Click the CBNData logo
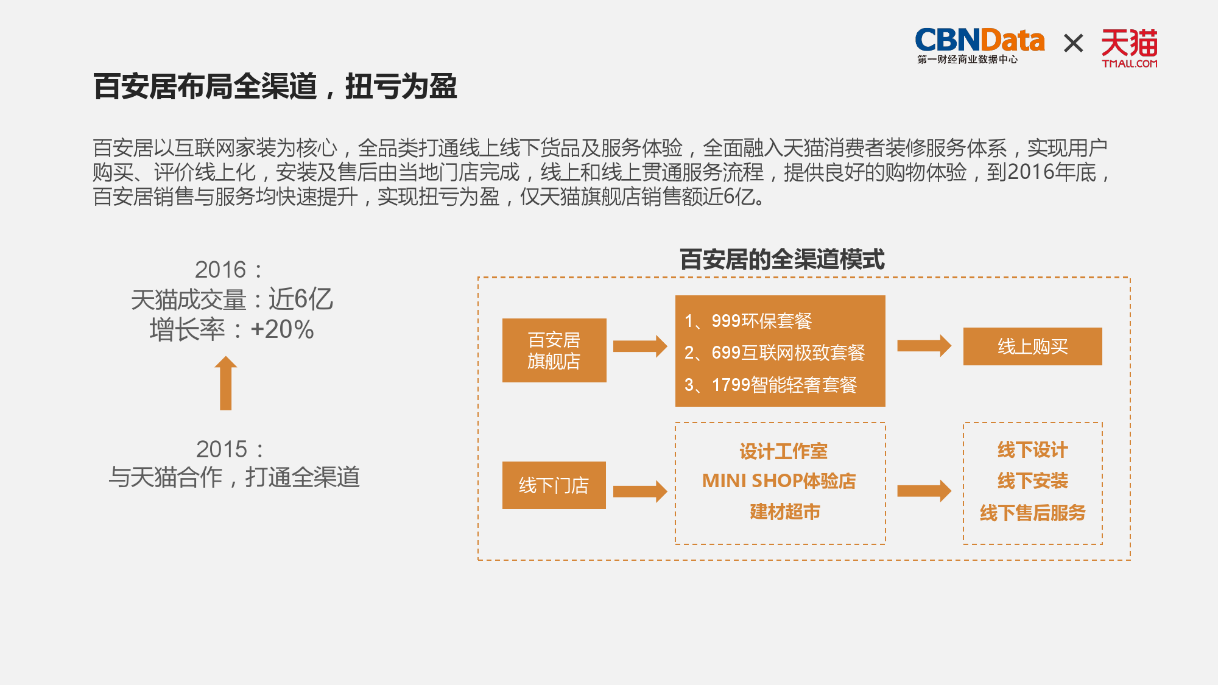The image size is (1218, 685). point(979,44)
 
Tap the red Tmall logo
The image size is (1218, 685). point(1129,47)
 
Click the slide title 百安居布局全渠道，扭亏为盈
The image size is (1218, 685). point(275,86)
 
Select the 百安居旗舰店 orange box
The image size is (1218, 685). point(554,350)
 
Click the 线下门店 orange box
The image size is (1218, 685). point(554,485)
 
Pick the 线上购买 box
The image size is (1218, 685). point(1032,346)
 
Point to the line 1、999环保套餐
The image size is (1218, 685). point(748,321)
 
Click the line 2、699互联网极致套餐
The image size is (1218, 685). point(775,353)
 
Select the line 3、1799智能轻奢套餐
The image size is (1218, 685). point(771,385)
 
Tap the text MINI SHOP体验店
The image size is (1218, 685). point(779,481)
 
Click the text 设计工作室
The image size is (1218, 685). point(783,451)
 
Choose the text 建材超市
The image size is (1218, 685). point(784,511)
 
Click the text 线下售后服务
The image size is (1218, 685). point(1032,513)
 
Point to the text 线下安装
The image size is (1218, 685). point(1032,481)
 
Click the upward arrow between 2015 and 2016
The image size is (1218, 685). point(226,383)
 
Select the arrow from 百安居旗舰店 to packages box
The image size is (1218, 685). point(639,346)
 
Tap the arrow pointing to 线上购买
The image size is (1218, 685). point(923,346)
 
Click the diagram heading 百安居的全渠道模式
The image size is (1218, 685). point(782,259)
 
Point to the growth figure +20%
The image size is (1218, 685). point(282,329)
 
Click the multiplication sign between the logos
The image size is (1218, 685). point(1073,43)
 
